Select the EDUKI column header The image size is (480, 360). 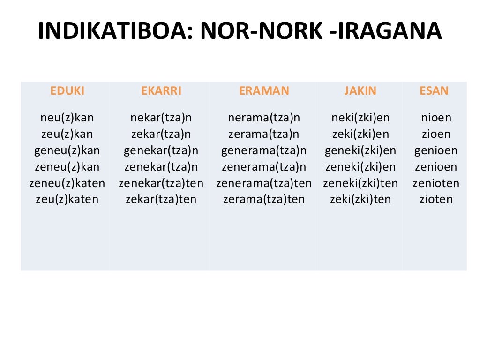[67, 91]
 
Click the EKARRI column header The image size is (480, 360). [161, 91]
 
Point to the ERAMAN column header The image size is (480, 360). [264, 91]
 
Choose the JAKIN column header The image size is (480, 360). [360, 91]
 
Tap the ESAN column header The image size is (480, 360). [434, 91]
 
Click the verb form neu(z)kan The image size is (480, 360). [67, 118]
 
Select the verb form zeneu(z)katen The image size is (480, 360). [67, 183]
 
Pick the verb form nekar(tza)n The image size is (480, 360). [161, 118]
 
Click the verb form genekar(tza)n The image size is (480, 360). [161, 150]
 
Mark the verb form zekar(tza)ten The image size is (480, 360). [161, 200]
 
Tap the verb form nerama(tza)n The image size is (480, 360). [264, 118]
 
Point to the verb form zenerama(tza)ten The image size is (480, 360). [264, 183]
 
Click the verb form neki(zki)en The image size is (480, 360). [360, 118]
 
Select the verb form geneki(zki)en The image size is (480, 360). [360, 150]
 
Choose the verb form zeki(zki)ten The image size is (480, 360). [360, 200]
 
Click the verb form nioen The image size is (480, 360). [436, 118]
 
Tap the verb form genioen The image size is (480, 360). [436, 150]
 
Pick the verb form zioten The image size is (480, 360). [436, 200]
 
